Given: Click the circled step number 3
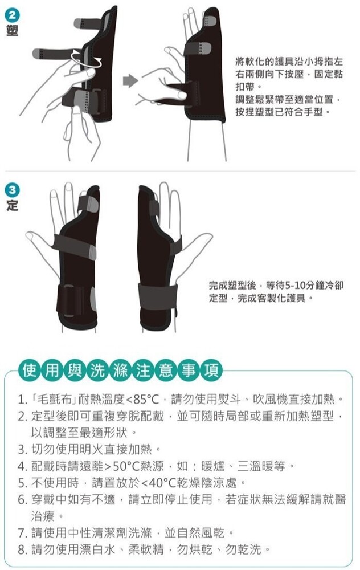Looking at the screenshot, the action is (x=12, y=190).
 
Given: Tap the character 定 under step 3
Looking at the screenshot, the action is (x=12, y=205).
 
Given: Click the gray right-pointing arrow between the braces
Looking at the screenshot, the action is (x=130, y=81).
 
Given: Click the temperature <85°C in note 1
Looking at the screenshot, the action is (x=142, y=400).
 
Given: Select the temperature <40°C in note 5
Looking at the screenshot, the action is (x=158, y=483).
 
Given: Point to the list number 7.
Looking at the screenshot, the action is (x=22, y=534).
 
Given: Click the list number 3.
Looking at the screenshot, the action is (x=22, y=450).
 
